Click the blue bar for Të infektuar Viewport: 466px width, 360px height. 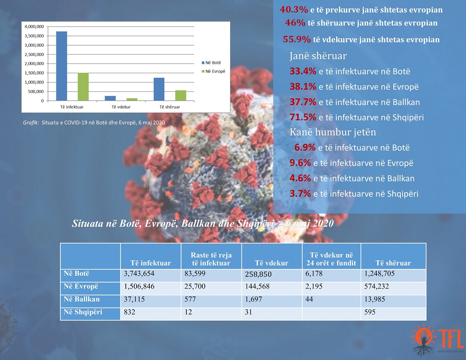62,66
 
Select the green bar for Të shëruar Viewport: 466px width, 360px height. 181,95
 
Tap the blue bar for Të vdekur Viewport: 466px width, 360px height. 110,98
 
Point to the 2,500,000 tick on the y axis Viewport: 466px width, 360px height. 34,55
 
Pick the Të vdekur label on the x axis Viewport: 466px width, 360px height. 121,107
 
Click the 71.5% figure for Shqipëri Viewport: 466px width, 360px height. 303,117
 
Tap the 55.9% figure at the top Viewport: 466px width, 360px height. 297,39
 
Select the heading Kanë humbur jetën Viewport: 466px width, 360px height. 333,132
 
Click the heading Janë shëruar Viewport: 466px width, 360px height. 318,56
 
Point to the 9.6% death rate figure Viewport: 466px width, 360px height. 300,163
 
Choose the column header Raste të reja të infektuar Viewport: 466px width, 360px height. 211,259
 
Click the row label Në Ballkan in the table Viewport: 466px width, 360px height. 82,299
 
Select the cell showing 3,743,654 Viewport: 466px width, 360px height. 139,274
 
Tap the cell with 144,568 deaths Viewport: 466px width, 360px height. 257,286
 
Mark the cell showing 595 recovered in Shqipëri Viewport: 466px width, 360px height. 370,312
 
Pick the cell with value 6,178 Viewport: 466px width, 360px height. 314,274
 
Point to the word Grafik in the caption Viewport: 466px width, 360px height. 31,123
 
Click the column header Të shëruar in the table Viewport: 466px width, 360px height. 393,263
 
